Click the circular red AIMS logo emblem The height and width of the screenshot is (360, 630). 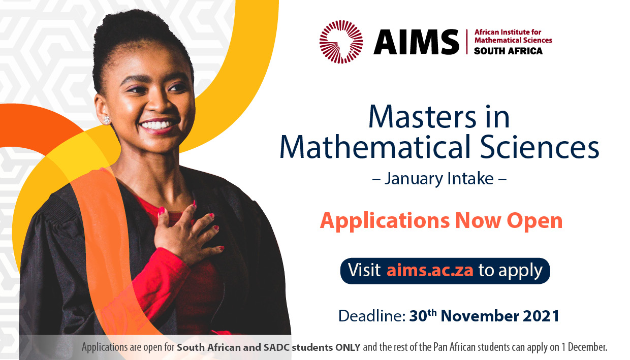341,42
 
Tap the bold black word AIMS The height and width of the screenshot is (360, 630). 416,42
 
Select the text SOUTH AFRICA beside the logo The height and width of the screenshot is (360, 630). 508,51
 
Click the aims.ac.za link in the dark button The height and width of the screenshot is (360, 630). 430,270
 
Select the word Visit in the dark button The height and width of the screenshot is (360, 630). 364,270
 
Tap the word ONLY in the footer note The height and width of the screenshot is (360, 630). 347,348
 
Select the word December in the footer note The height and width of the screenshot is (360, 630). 587,348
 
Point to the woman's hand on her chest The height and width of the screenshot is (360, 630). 191,231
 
